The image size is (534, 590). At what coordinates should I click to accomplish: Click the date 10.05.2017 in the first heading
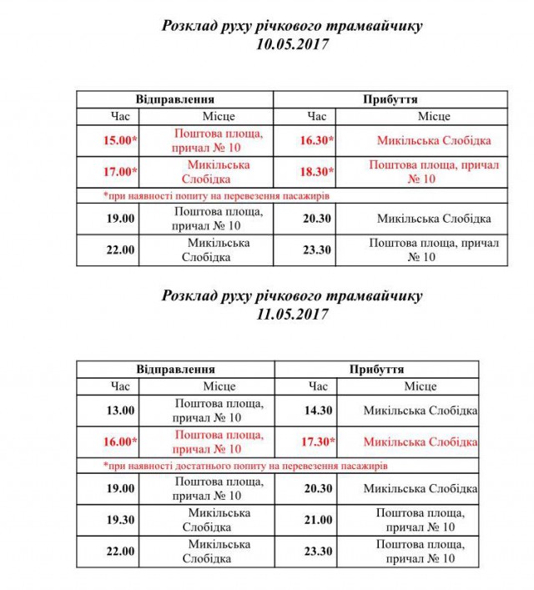pos(292,45)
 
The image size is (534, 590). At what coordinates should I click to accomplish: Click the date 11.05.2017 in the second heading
pos(292,315)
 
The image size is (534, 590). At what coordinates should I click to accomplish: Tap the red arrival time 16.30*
pos(317,140)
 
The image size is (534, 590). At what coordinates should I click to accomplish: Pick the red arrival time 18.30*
pos(317,172)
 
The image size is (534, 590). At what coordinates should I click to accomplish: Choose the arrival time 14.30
pos(317,410)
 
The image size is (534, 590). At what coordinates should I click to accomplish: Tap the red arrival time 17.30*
pos(317,441)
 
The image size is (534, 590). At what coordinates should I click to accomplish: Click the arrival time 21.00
pos(317,519)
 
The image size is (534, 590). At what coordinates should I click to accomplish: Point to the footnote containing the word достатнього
pos(244,466)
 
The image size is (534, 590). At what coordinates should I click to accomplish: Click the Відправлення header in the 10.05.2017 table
pos(176,98)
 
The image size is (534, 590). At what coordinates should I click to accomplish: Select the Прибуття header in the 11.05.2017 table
pos(377,368)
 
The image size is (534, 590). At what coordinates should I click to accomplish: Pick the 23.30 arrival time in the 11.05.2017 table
pos(317,551)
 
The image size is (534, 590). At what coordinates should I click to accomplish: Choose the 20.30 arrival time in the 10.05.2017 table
pos(317,219)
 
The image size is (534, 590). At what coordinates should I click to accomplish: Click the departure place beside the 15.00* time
pos(219,140)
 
